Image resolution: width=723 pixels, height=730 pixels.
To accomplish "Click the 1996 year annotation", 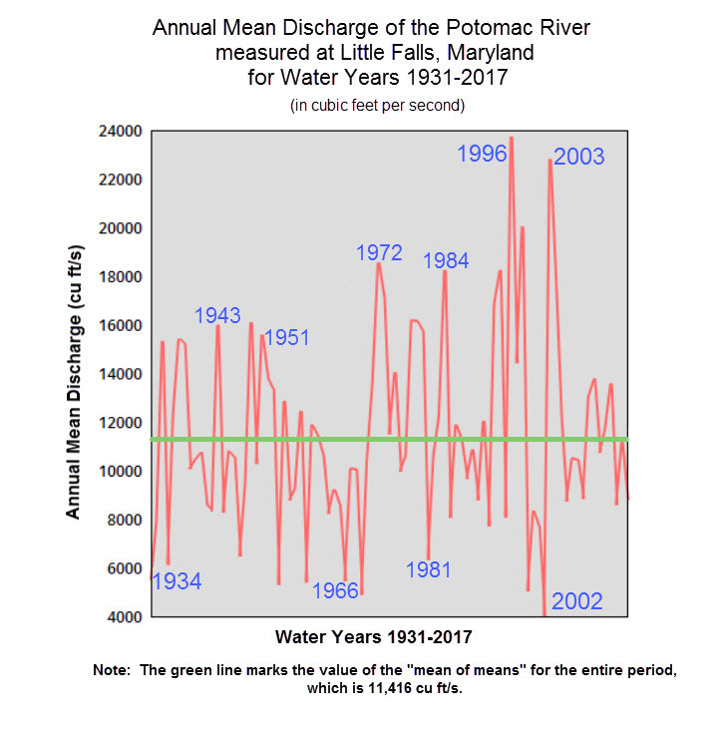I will [482, 154].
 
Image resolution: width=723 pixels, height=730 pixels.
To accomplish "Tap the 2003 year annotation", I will [578, 157].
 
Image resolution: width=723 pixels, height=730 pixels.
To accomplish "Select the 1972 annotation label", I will [379, 252].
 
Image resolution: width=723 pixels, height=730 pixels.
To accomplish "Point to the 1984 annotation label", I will [446, 261].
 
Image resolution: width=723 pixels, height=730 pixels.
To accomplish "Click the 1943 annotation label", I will [217, 315].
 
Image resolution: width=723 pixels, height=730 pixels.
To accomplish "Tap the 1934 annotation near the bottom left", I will [177, 581].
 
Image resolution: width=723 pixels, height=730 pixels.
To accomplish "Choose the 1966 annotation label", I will [335, 589].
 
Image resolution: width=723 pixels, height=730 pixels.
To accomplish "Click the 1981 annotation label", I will [429, 569].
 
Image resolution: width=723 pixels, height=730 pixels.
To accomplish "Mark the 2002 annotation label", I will [577, 600].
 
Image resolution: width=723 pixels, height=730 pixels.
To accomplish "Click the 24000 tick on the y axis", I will [120, 132].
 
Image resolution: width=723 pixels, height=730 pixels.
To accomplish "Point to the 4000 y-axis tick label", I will [124, 617].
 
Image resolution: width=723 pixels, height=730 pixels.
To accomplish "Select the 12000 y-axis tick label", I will [120, 423].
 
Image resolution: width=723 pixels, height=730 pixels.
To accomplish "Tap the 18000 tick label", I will [120, 277].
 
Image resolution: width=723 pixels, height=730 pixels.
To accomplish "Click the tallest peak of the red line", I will [512, 139].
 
